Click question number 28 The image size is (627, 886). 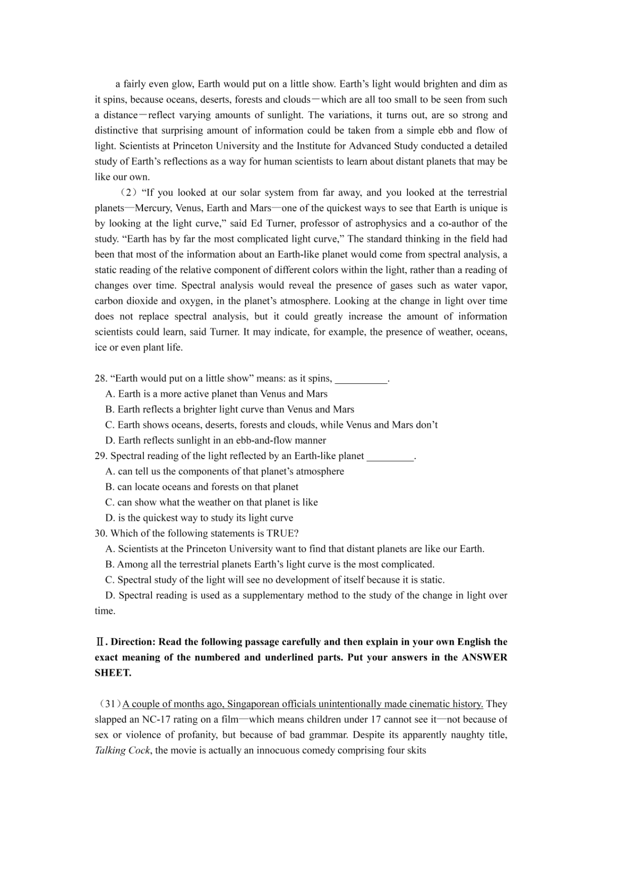pyautogui.click(x=101, y=379)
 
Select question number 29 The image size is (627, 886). pyautogui.click(x=101, y=456)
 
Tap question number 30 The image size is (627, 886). pyautogui.click(x=101, y=533)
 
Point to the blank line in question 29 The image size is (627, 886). pyautogui.click(x=390, y=457)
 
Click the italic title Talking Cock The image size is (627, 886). pyautogui.click(x=122, y=751)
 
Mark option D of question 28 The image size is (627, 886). pyautogui.click(x=110, y=440)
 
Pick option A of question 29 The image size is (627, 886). pyautogui.click(x=110, y=472)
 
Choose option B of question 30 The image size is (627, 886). pyautogui.click(x=110, y=565)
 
